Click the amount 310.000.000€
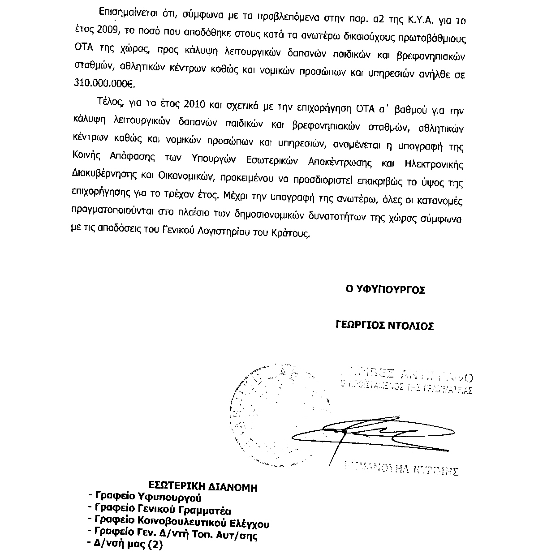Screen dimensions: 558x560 (x=106, y=84)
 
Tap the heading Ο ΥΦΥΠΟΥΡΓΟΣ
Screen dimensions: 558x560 (x=385, y=290)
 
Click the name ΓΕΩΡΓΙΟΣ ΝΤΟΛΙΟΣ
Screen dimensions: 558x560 (x=385, y=326)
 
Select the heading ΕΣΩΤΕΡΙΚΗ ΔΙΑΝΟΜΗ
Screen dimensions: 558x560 (x=203, y=487)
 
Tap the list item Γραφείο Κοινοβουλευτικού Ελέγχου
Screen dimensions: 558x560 (x=182, y=522)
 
